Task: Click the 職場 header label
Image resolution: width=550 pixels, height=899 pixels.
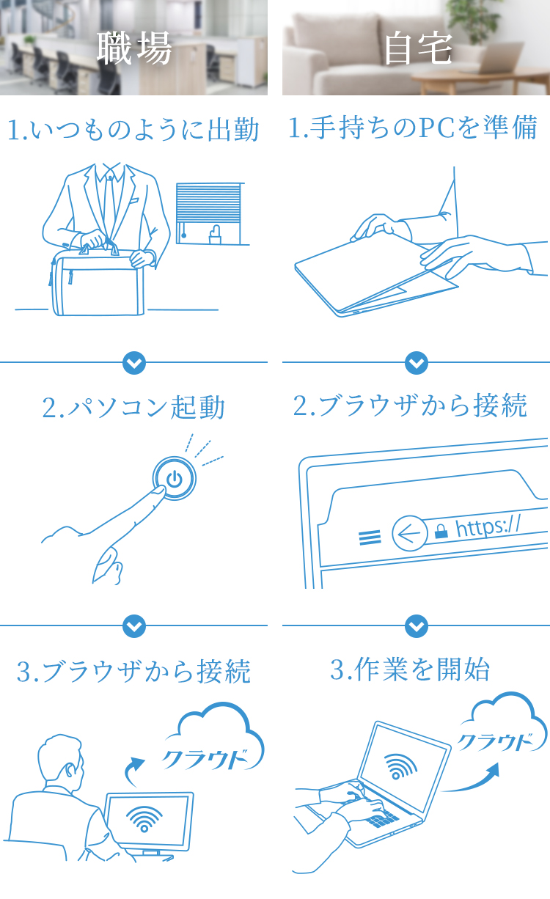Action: [x=134, y=49]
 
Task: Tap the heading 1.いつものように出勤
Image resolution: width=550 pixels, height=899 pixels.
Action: [x=133, y=131]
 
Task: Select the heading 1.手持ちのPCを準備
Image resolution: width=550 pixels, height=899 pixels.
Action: [x=414, y=129]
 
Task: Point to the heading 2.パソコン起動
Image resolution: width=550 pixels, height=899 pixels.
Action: [x=133, y=408]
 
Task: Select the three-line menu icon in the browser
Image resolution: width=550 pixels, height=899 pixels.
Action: [x=370, y=538]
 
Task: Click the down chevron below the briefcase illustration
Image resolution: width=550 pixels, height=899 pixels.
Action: [x=134, y=362]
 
